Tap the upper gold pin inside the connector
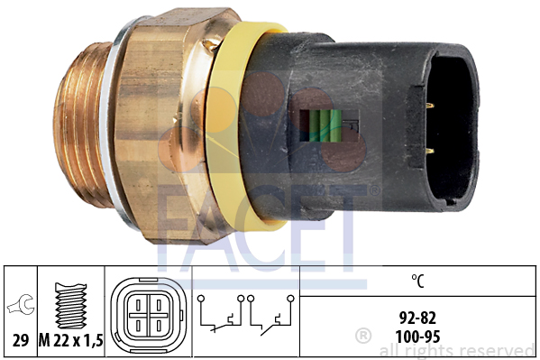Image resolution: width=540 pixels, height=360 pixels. click(429, 106)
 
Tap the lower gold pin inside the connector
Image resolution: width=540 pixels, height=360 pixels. click(429, 151)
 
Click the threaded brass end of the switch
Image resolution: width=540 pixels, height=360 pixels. click(80, 125)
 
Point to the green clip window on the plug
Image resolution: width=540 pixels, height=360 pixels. click(320, 125)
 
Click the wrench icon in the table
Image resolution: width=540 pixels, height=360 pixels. click(21, 304)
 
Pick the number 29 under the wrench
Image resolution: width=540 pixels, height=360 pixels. click(21, 341)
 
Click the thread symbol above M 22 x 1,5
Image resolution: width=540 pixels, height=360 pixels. click(71, 306)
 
